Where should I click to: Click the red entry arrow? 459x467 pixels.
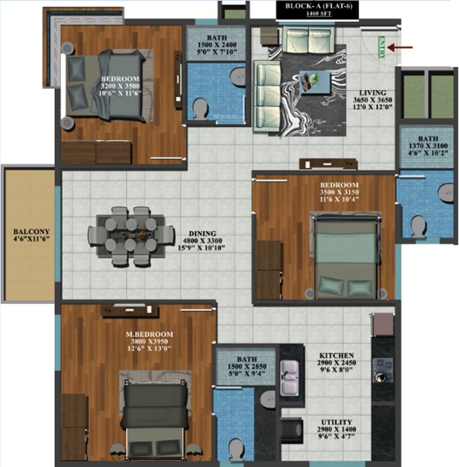[x=401, y=47]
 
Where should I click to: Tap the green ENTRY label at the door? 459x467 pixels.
[x=381, y=49]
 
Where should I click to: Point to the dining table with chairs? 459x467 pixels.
[x=129, y=235]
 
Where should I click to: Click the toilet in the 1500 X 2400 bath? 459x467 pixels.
[x=200, y=109]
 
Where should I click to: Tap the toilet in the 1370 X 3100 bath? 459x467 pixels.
[x=418, y=226]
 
